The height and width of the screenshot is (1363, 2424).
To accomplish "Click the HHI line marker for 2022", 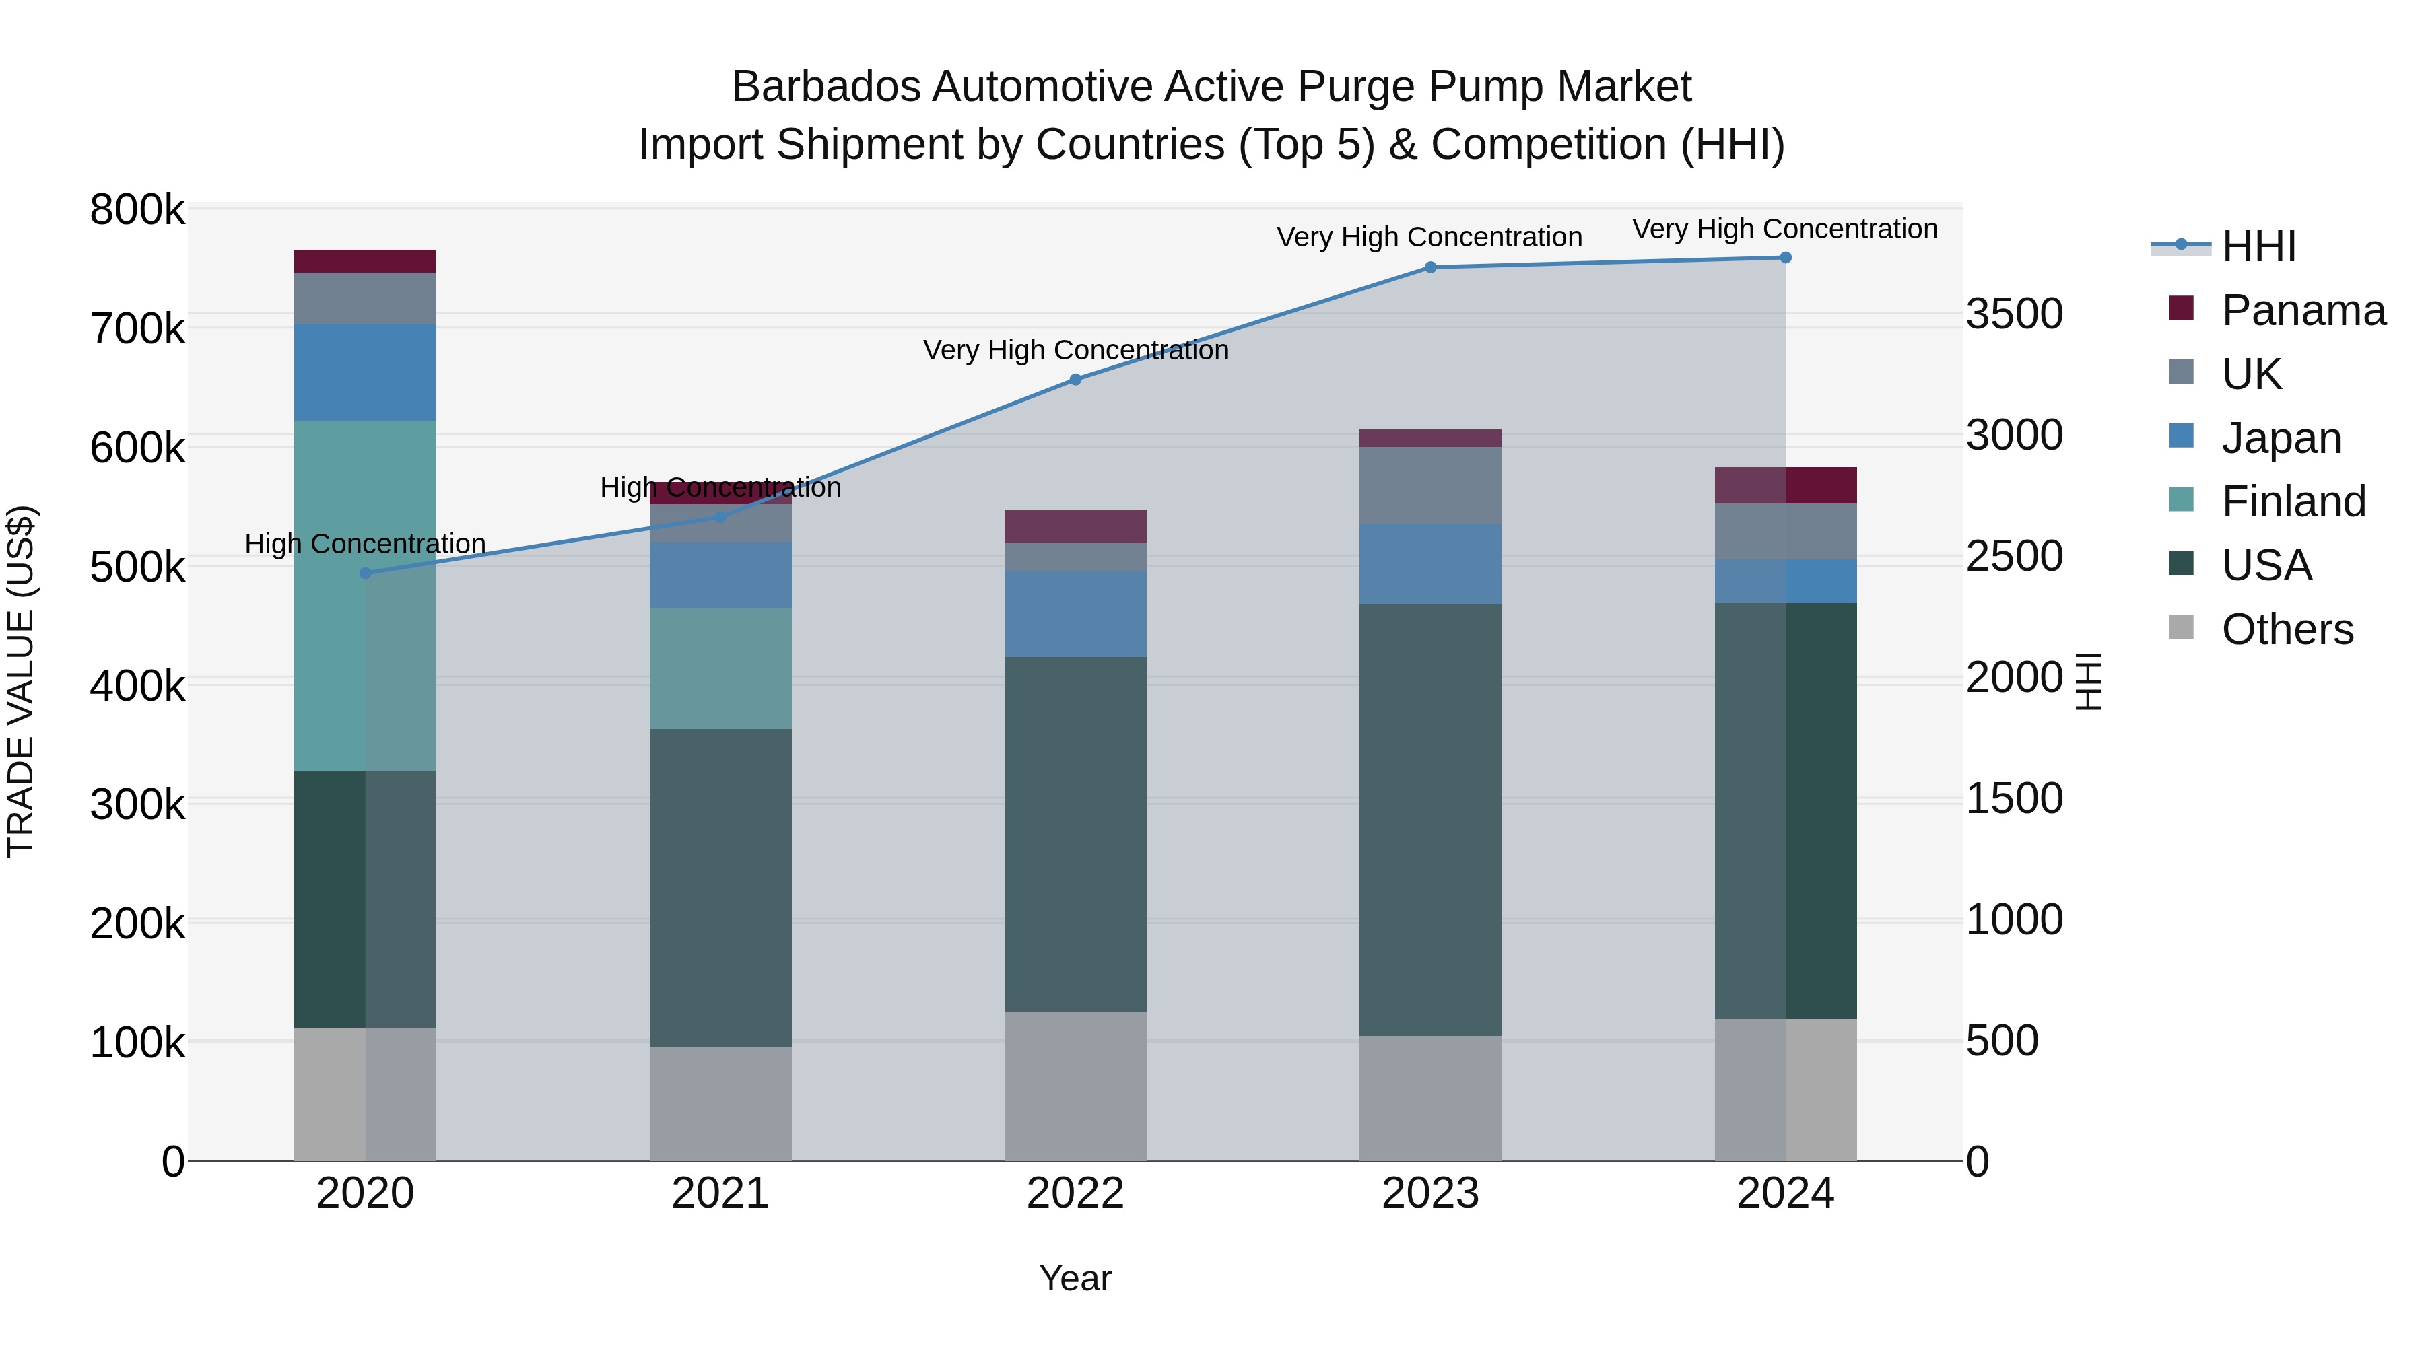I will (x=1075, y=380).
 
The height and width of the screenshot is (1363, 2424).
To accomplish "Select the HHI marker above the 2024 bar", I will (x=1785, y=258).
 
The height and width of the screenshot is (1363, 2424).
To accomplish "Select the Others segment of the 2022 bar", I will (x=1075, y=1086).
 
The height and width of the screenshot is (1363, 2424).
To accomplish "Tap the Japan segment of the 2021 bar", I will (x=720, y=575).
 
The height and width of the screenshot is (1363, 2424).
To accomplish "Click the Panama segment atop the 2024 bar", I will (x=1785, y=485).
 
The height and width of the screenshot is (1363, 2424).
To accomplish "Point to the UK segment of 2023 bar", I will (x=1430, y=485).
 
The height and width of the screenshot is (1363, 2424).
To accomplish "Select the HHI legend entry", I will (x=2258, y=246).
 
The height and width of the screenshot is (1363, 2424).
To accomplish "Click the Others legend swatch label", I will (x=2287, y=629).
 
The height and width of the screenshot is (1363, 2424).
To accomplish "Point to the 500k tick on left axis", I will (x=137, y=568).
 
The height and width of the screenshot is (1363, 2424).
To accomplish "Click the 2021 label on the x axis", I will (x=720, y=1193).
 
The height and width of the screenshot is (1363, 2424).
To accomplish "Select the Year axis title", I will (x=1075, y=1278).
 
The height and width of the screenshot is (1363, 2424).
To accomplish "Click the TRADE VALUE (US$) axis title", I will (x=21, y=681).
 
